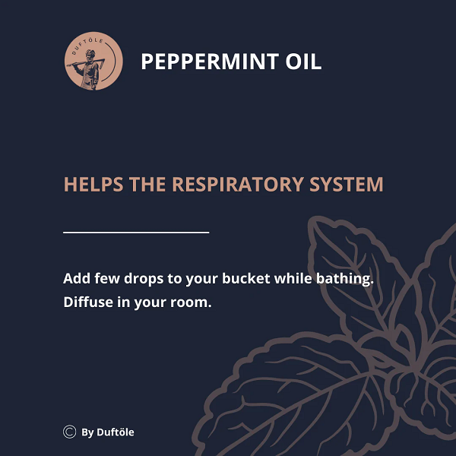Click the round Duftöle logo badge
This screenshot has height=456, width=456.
point(93,61)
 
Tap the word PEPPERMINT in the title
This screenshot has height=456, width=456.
point(210,62)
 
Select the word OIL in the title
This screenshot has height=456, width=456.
point(303,62)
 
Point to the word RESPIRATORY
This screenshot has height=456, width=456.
point(238,185)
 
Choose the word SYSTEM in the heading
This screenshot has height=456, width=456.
point(347,185)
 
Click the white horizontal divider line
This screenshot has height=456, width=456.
point(136,233)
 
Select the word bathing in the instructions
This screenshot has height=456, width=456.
point(345,279)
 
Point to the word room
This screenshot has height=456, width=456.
point(191,303)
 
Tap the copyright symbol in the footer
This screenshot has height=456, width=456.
point(69,432)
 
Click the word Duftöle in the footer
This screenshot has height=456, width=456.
point(116,432)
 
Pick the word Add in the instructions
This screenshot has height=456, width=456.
point(77,278)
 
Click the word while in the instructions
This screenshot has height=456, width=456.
point(293,278)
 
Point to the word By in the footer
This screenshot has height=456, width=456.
point(87,432)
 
